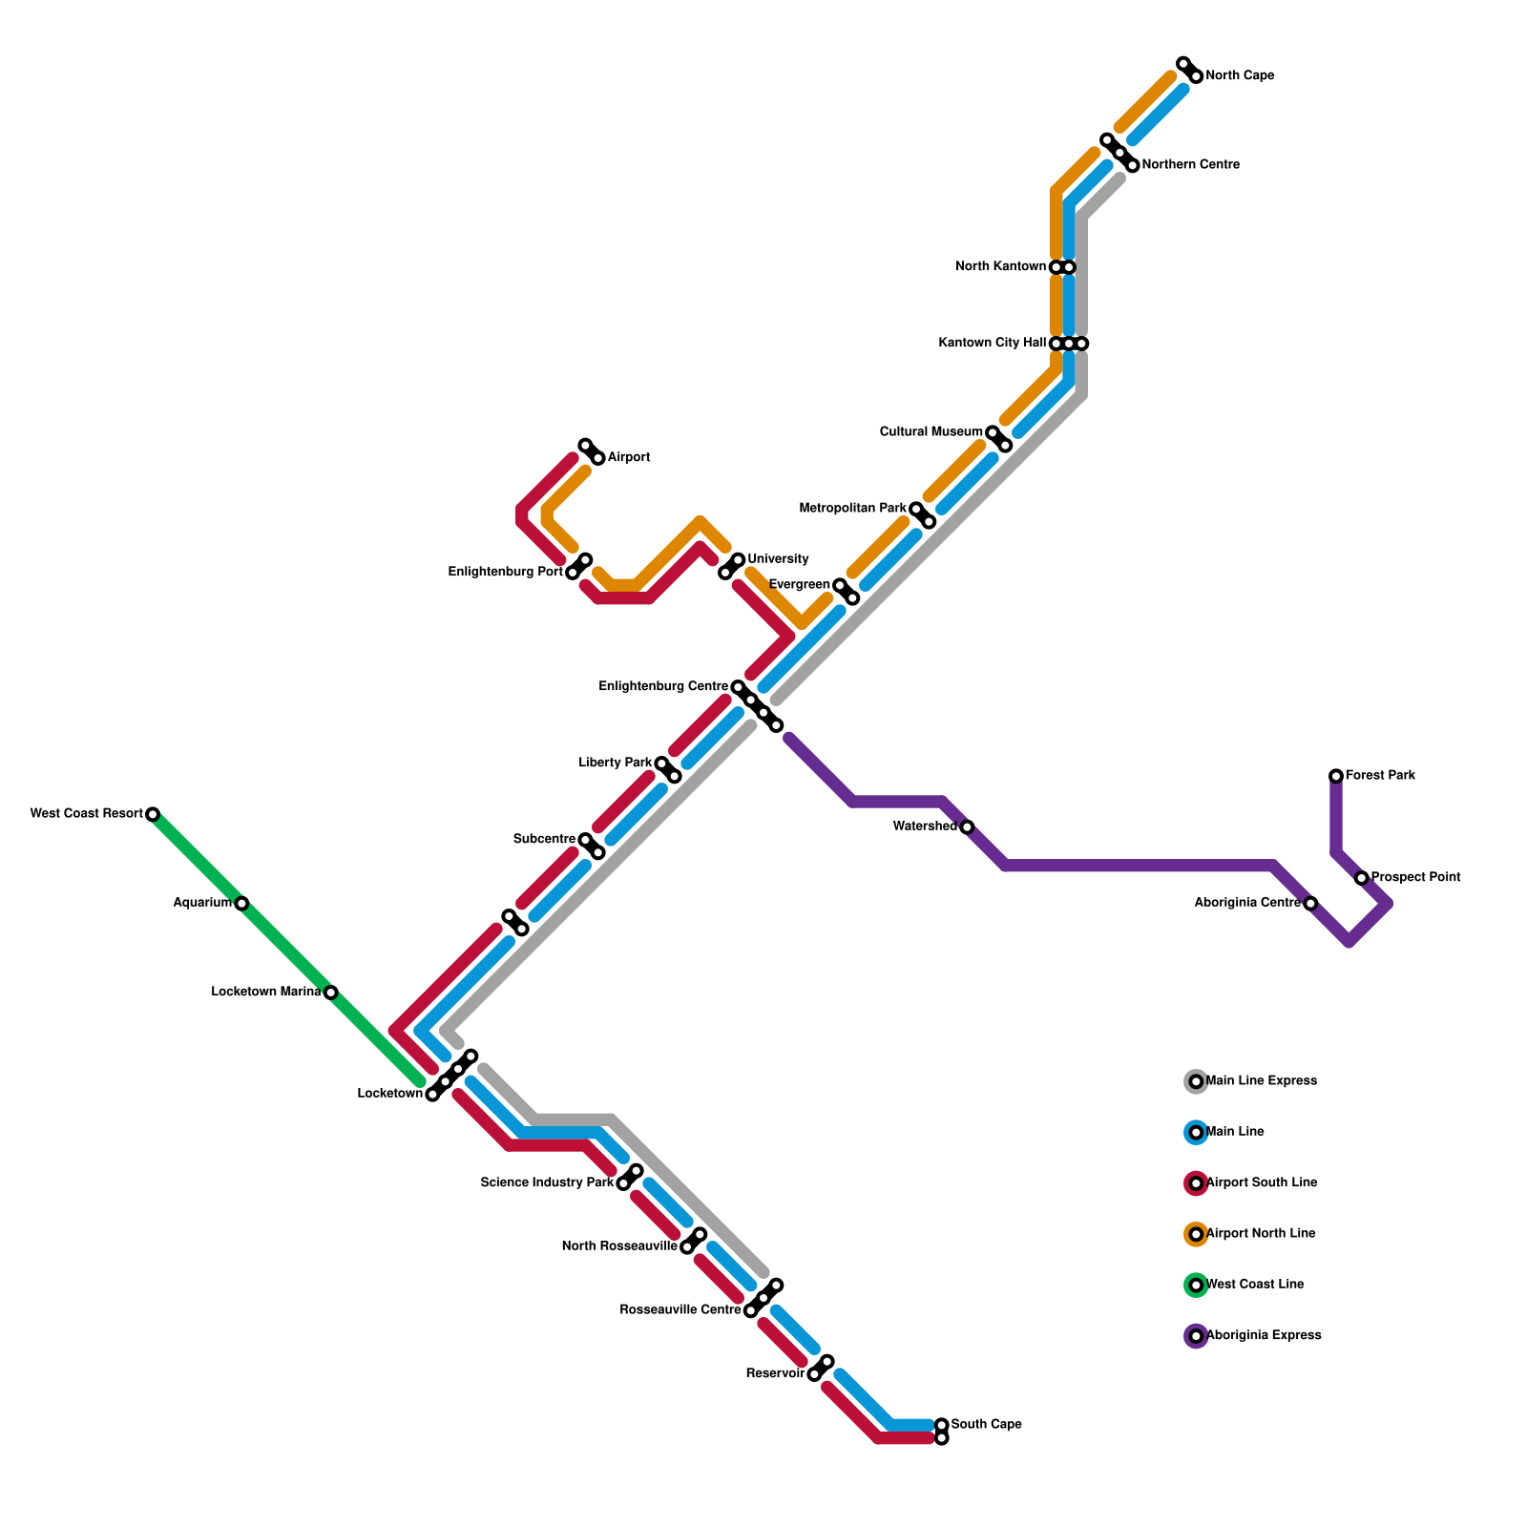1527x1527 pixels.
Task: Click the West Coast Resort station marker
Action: pyautogui.click(x=152, y=814)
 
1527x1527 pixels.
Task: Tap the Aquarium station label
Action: pyautogui.click(x=201, y=903)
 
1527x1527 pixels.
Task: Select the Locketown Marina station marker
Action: pyautogui.click(x=330, y=993)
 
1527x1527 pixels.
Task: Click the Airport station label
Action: pyautogui.click(x=628, y=458)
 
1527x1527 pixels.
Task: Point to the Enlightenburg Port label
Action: pyautogui.click(x=505, y=573)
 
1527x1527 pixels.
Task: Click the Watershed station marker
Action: pyautogui.click(x=967, y=826)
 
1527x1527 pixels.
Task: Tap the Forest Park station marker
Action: pyautogui.click(x=1336, y=776)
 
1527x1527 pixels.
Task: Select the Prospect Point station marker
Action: pyautogui.click(x=1362, y=878)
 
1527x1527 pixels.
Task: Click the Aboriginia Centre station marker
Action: pyautogui.click(x=1310, y=903)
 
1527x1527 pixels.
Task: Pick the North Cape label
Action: pyautogui.click(x=1240, y=76)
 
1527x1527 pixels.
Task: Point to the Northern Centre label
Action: pyautogui.click(x=1190, y=165)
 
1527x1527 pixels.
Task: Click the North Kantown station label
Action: pyautogui.click(x=1000, y=267)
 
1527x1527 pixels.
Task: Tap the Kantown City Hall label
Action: pyautogui.click(x=992, y=344)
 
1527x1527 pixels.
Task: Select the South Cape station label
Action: pyautogui.click(x=986, y=1425)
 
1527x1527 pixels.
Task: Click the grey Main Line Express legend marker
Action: pyautogui.click(x=1196, y=1081)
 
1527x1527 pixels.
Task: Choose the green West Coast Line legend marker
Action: pyautogui.click(x=1196, y=1285)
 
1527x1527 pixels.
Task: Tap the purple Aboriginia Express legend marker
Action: pyautogui.click(x=1196, y=1336)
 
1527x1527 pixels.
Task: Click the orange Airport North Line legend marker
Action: pyautogui.click(x=1196, y=1234)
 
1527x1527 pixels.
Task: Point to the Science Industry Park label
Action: pyautogui.click(x=547, y=1183)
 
